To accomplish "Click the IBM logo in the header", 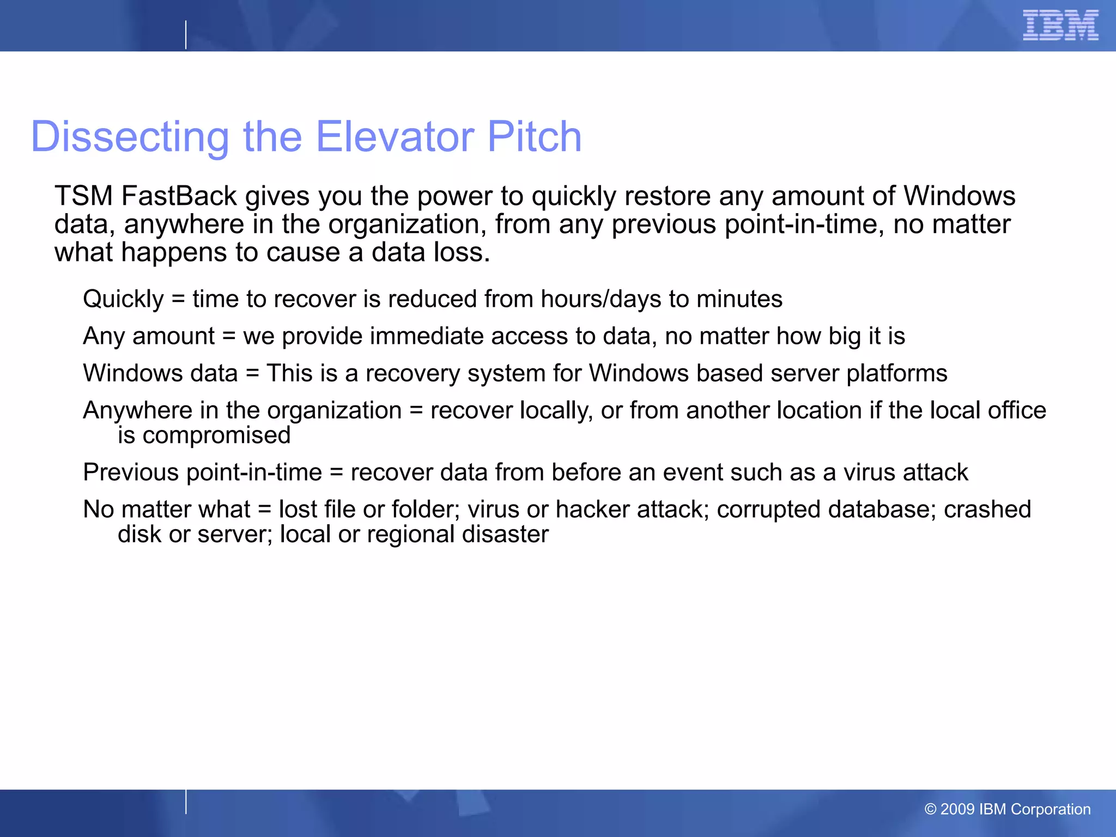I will point(1060,25).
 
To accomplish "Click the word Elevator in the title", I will point(395,136).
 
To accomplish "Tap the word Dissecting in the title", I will point(130,136).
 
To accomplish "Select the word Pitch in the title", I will point(534,136).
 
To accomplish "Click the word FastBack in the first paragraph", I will point(179,196).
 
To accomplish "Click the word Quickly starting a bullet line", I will point(123,299).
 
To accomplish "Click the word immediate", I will point(427,336).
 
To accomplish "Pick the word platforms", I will point(896,374).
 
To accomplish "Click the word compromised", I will point(216,435).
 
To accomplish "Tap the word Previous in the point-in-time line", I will point(131,472).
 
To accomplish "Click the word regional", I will point(410,535).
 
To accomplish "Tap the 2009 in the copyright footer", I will point(957,809).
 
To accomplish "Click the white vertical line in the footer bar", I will point(186,802).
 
